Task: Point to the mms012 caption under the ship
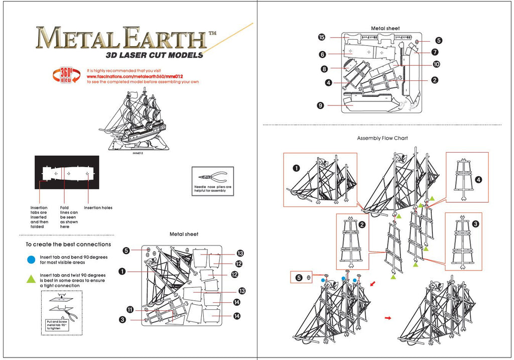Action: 138,153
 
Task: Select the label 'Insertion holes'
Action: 98,208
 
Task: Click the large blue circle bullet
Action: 31,260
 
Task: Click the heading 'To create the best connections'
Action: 68,245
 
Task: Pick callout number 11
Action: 130,310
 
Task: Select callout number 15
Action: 322,37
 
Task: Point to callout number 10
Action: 436,64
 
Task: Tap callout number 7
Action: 435,52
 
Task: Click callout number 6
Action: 322,54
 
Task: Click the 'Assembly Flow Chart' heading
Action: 382,138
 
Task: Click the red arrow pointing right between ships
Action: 388,318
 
